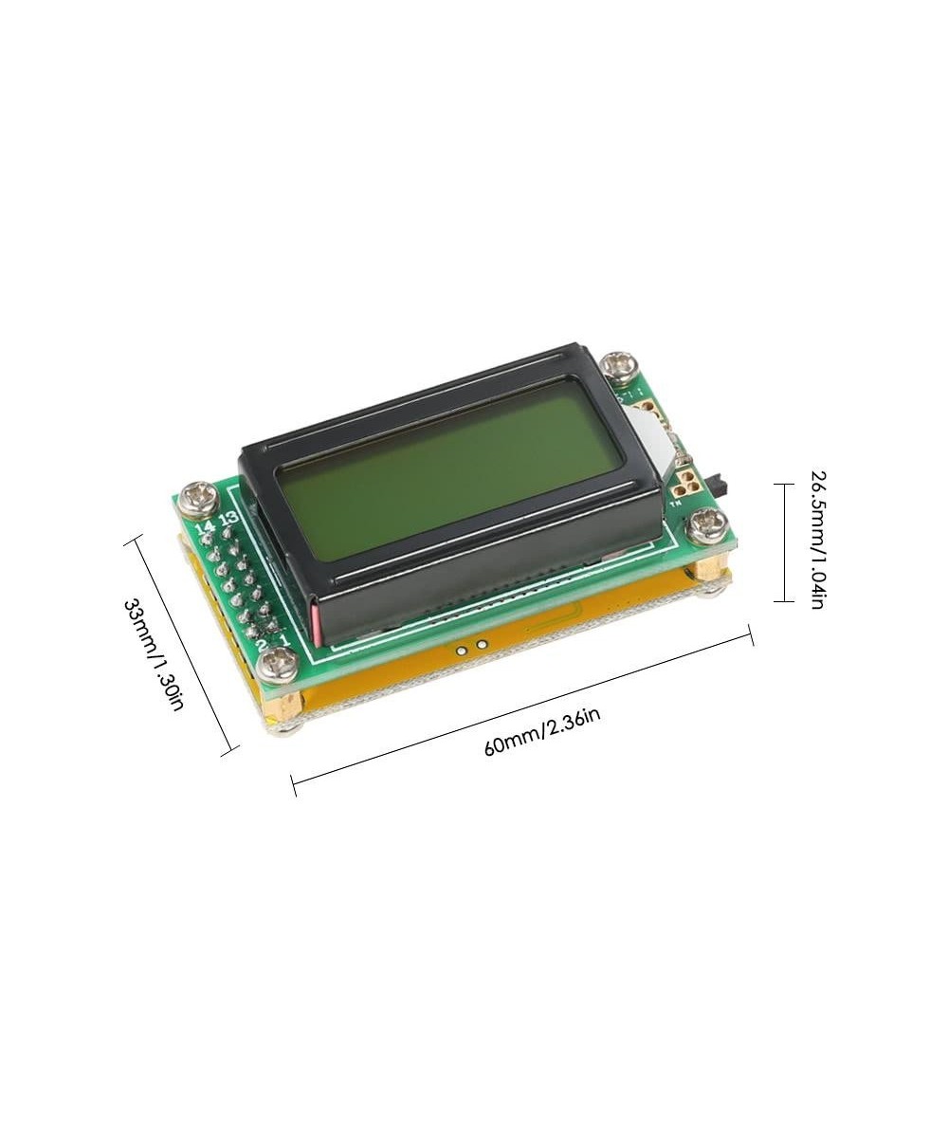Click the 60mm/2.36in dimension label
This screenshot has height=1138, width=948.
pyautogui.click(x=542, y=729)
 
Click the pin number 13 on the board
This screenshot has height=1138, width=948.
pyautogui.click(x=228, y=519)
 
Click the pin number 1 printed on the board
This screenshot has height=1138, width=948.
pyautogui.click(x=283, y=639)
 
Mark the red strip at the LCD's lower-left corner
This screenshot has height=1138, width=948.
pyautogui.click(x=315, y=621)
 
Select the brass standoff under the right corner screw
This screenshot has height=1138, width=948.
pyautogui.click(x=708, y=568)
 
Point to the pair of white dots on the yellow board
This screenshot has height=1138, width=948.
pyautogui.click(x=471, y=648)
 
